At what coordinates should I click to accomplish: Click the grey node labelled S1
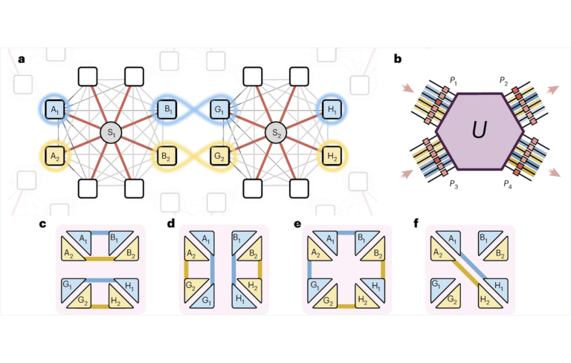pyautogui.click(x=111, y=134)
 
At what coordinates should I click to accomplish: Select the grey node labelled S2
pyautogui.click(x=277, y=134)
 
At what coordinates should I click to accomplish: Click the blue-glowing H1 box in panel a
pyautogui.click(x=329, y=111)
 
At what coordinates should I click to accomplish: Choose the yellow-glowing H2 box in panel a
pyautogui.click(x=329, y=156)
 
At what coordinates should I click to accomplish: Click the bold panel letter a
pyautogui.click(x=20, y=58)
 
